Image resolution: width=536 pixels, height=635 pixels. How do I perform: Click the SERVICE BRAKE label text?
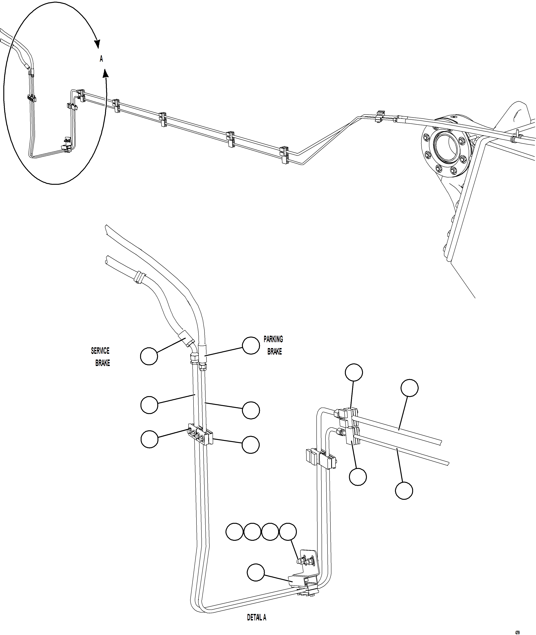click(101, 357)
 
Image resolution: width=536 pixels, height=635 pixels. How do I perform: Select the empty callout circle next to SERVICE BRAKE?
click(149, 356)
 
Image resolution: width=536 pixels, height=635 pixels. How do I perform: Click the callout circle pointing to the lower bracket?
click(256, 572)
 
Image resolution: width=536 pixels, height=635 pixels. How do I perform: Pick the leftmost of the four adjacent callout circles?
click(234, 532)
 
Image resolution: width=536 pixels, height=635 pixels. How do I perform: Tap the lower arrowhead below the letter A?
click(105, 73)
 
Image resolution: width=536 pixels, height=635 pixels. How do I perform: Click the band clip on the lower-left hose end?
click(139, 277)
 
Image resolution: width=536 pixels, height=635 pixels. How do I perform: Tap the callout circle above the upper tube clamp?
click(354, 372)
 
